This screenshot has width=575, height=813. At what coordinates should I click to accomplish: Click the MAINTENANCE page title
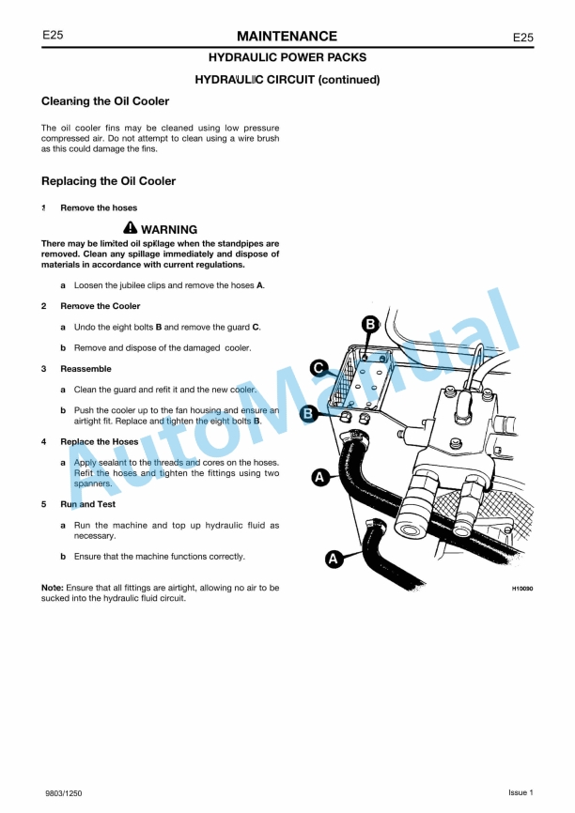(287, 37)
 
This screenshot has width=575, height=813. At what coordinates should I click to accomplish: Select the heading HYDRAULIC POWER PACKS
(287, 58)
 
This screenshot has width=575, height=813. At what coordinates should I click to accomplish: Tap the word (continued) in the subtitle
(349, 80)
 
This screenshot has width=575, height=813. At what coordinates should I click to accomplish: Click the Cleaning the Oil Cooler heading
(105, 101)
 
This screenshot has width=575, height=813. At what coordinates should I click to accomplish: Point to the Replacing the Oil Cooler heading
(108, 181)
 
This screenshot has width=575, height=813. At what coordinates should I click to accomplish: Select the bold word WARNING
(169, 230)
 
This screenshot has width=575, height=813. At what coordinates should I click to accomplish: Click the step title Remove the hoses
(99, 207)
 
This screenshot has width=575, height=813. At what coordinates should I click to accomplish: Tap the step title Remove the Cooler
(100, 306)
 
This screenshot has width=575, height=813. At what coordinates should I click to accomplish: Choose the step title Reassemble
(85, 369)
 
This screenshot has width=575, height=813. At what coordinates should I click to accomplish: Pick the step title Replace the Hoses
(100, 441)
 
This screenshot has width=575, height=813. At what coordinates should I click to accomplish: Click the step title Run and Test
(87, 504)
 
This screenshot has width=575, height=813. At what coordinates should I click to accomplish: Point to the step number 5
(44, 504)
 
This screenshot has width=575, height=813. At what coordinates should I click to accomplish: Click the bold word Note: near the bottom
(53, 588)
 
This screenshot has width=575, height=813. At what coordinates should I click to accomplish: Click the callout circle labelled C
(319, 368)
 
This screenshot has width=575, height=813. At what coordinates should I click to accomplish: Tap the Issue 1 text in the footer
(521, 793)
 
